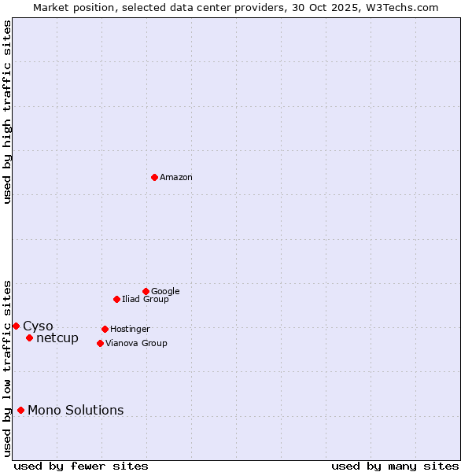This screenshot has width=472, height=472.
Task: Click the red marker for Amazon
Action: [154, 177]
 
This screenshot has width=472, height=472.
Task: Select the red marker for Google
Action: [146, 291]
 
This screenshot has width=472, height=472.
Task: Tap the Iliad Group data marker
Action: [116, 299]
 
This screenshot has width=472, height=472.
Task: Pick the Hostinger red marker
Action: [105, 329]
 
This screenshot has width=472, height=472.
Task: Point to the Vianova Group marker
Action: [100, 343]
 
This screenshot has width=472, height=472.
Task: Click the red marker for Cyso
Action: [16, 326]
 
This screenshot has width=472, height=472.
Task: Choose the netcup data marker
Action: [29, 338]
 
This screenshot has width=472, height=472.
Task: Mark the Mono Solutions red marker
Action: [20, 410]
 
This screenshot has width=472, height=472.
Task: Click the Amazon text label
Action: [176, 178]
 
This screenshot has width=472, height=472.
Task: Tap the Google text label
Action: [165, 292]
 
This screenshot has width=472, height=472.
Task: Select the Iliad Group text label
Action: [146, 300]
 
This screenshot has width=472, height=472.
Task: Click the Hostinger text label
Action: [130, 330]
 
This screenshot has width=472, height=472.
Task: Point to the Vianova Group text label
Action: [136, 344]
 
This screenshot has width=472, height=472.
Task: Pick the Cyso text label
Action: [38, 326]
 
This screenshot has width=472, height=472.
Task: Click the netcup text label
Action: [57, 338]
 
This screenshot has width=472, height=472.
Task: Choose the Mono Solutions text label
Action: [76, 411]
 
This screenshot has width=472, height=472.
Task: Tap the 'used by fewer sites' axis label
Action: [81, 466]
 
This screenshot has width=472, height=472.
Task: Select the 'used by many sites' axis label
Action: [395, 466]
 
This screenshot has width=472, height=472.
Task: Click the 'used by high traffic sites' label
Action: [7, 112]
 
